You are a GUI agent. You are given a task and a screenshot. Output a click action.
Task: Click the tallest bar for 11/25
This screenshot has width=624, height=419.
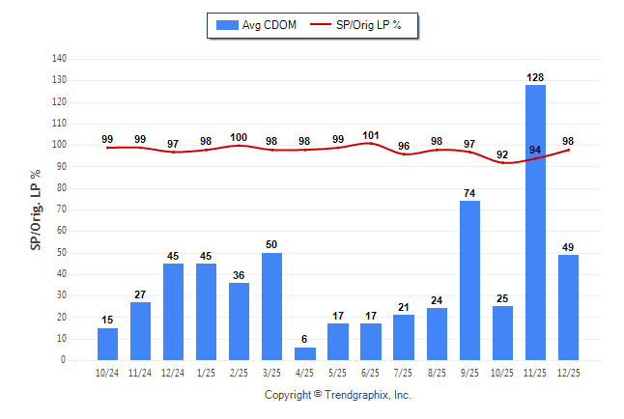[535, 222]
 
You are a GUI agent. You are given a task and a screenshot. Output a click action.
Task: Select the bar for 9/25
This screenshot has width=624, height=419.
[469, 280]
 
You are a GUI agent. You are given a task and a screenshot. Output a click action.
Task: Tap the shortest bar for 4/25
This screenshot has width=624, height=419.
[305, 353]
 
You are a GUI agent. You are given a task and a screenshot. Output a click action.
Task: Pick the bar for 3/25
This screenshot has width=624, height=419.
[272, 306]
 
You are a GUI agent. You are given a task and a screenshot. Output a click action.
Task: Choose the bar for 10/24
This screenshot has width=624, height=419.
[107, 344]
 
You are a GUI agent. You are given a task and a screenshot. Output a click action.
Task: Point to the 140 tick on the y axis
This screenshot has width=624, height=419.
[59, 58]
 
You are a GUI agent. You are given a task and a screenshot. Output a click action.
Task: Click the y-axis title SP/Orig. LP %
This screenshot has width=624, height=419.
[36, 210]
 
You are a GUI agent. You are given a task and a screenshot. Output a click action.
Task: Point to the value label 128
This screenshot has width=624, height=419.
[535, 76]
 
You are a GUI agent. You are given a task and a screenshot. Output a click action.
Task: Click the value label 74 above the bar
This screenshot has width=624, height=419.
[469, 193]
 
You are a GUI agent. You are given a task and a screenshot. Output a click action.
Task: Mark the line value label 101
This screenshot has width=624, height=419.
[371, 135]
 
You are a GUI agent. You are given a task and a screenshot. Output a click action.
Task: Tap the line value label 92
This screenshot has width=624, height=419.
[502, 154]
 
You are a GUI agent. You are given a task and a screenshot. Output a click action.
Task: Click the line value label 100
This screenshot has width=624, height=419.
[240, 137]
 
